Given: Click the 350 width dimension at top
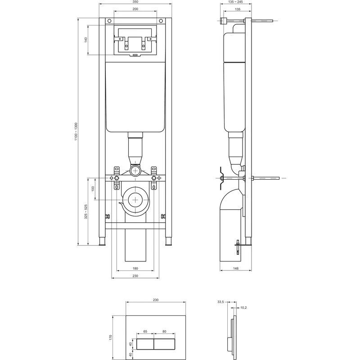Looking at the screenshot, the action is tap(135, 2).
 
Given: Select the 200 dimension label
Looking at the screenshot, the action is tap(135, 9).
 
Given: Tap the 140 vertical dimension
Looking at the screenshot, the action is tap(86, 40).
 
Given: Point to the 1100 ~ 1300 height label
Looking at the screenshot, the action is tap(76, 131).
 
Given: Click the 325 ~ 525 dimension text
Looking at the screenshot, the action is tap(86, 211).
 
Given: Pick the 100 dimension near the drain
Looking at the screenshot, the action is tap(93, 189).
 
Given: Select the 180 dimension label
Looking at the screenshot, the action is tap(135, 268).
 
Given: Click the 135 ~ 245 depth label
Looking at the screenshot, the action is tap(235, 2).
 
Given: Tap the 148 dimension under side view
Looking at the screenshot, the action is tap(235, 268).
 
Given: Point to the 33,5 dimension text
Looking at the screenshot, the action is tap(220, 302).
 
